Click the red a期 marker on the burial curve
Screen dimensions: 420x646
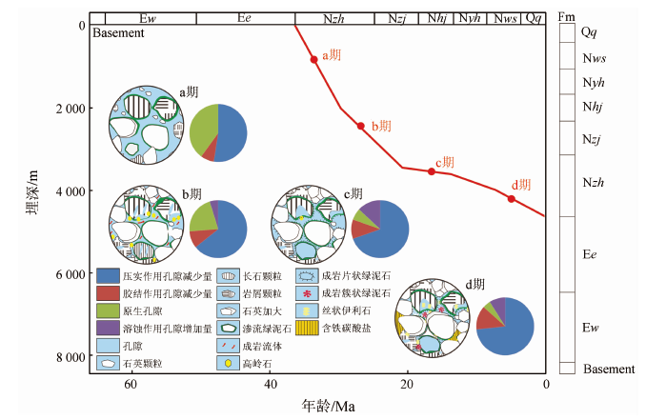click(313, 59)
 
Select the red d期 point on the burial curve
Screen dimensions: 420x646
click(512, 198)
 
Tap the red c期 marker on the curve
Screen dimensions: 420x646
click(432, 171)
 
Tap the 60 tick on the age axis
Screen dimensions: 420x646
click(131, 384)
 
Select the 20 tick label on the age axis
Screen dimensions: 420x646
click(407, 384)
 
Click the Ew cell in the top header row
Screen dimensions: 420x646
click(148, 18)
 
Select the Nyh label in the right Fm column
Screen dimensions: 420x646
click(589, 82)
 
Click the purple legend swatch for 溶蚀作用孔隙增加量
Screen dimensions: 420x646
click(108, 328)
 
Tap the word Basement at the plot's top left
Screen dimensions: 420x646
click(119, 33)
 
